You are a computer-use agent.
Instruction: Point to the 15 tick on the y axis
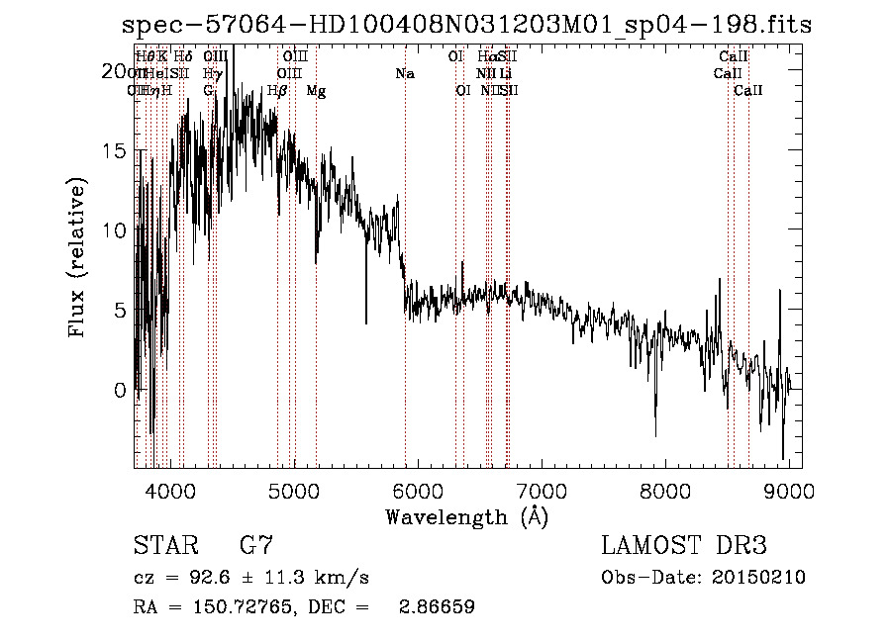115,151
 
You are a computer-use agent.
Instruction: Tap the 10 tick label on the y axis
115,230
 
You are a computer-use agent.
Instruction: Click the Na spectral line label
404,74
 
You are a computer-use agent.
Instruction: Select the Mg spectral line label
316,91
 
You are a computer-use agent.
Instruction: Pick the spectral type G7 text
256,545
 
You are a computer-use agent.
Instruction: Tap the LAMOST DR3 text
684,545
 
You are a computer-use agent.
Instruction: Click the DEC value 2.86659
436,607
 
